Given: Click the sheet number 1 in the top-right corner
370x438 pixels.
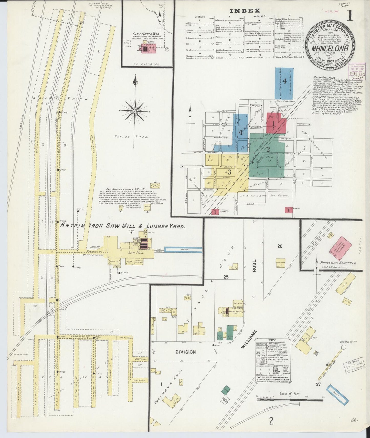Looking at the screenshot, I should click(350, 16).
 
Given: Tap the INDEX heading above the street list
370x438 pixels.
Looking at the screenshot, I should click(245, 11).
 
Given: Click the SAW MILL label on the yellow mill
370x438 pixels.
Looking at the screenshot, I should click(138, 253).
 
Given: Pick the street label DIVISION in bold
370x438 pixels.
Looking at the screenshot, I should click(186, 352).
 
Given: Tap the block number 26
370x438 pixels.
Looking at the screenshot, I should click(280, 246).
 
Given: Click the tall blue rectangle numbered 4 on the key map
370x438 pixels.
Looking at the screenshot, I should click(284, 84).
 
